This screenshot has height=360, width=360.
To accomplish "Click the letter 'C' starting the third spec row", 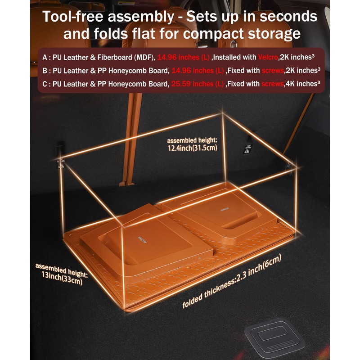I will click(x=45, y=83).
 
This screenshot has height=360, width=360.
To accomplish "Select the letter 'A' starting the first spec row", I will click(x=45, y=58).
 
